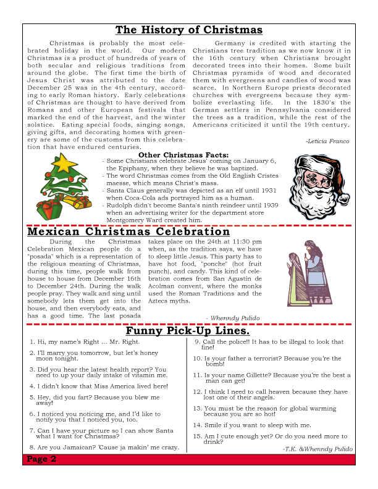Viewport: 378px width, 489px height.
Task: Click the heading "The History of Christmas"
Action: coord(188,30)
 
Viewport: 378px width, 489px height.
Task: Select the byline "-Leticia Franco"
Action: coord(327,141)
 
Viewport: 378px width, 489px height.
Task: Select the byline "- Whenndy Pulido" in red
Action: coord(233,318)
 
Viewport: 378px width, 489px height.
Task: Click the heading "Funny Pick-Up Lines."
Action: coord(187,332)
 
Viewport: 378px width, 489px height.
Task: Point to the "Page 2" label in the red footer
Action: coord(42,459)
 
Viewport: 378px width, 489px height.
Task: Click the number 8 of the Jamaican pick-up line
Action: coord(31,447)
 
